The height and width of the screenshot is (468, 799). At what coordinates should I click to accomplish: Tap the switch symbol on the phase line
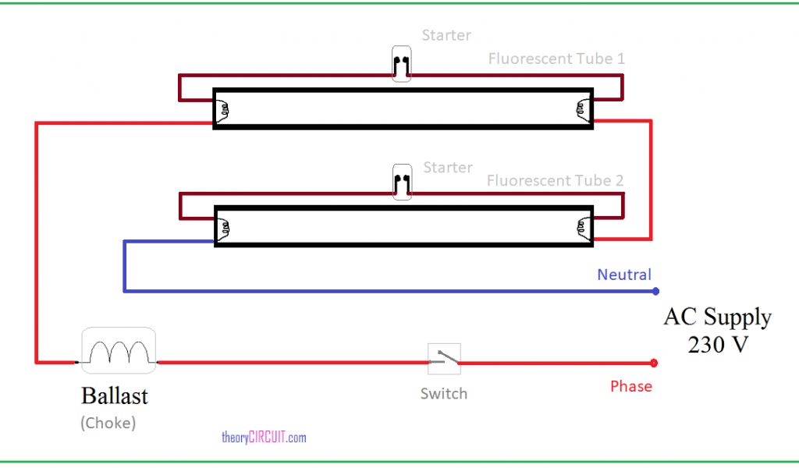point(444,359)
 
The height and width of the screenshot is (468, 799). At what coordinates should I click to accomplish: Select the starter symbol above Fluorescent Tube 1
point(402,64)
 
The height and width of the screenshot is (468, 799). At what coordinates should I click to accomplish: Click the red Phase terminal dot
point(654,363)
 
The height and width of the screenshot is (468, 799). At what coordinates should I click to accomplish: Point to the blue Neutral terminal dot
point(655,292)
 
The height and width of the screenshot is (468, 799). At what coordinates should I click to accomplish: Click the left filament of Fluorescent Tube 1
point(224,109)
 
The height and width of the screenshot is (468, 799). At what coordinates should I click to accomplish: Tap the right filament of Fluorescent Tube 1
point(581,109)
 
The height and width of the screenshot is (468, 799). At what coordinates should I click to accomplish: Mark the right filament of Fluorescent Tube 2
point(581,227)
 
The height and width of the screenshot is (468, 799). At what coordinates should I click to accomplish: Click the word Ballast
point(114,396)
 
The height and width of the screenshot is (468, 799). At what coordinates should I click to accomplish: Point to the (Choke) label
point(108,424)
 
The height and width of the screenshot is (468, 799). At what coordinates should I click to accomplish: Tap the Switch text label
point(444,394)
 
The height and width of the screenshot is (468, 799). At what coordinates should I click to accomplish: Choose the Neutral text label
point(623,275)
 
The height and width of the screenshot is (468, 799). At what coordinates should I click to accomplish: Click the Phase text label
point(630,386)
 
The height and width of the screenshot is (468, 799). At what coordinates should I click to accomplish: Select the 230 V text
point(717,344)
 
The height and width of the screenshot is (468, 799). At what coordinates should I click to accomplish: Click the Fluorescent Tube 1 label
point(556,58)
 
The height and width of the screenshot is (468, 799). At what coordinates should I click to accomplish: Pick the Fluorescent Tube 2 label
point(556,180)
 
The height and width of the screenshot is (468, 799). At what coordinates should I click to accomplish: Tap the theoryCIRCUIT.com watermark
point(264,438)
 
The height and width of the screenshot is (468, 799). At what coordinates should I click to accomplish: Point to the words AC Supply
point(717,317)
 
